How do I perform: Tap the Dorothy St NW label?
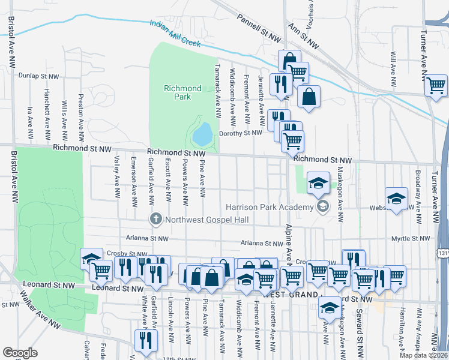241,133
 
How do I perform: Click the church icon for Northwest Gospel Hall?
156,218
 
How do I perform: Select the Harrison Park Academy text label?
270,208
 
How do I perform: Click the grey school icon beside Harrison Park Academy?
322,208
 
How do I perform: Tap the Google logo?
20,352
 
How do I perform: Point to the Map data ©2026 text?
423,355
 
